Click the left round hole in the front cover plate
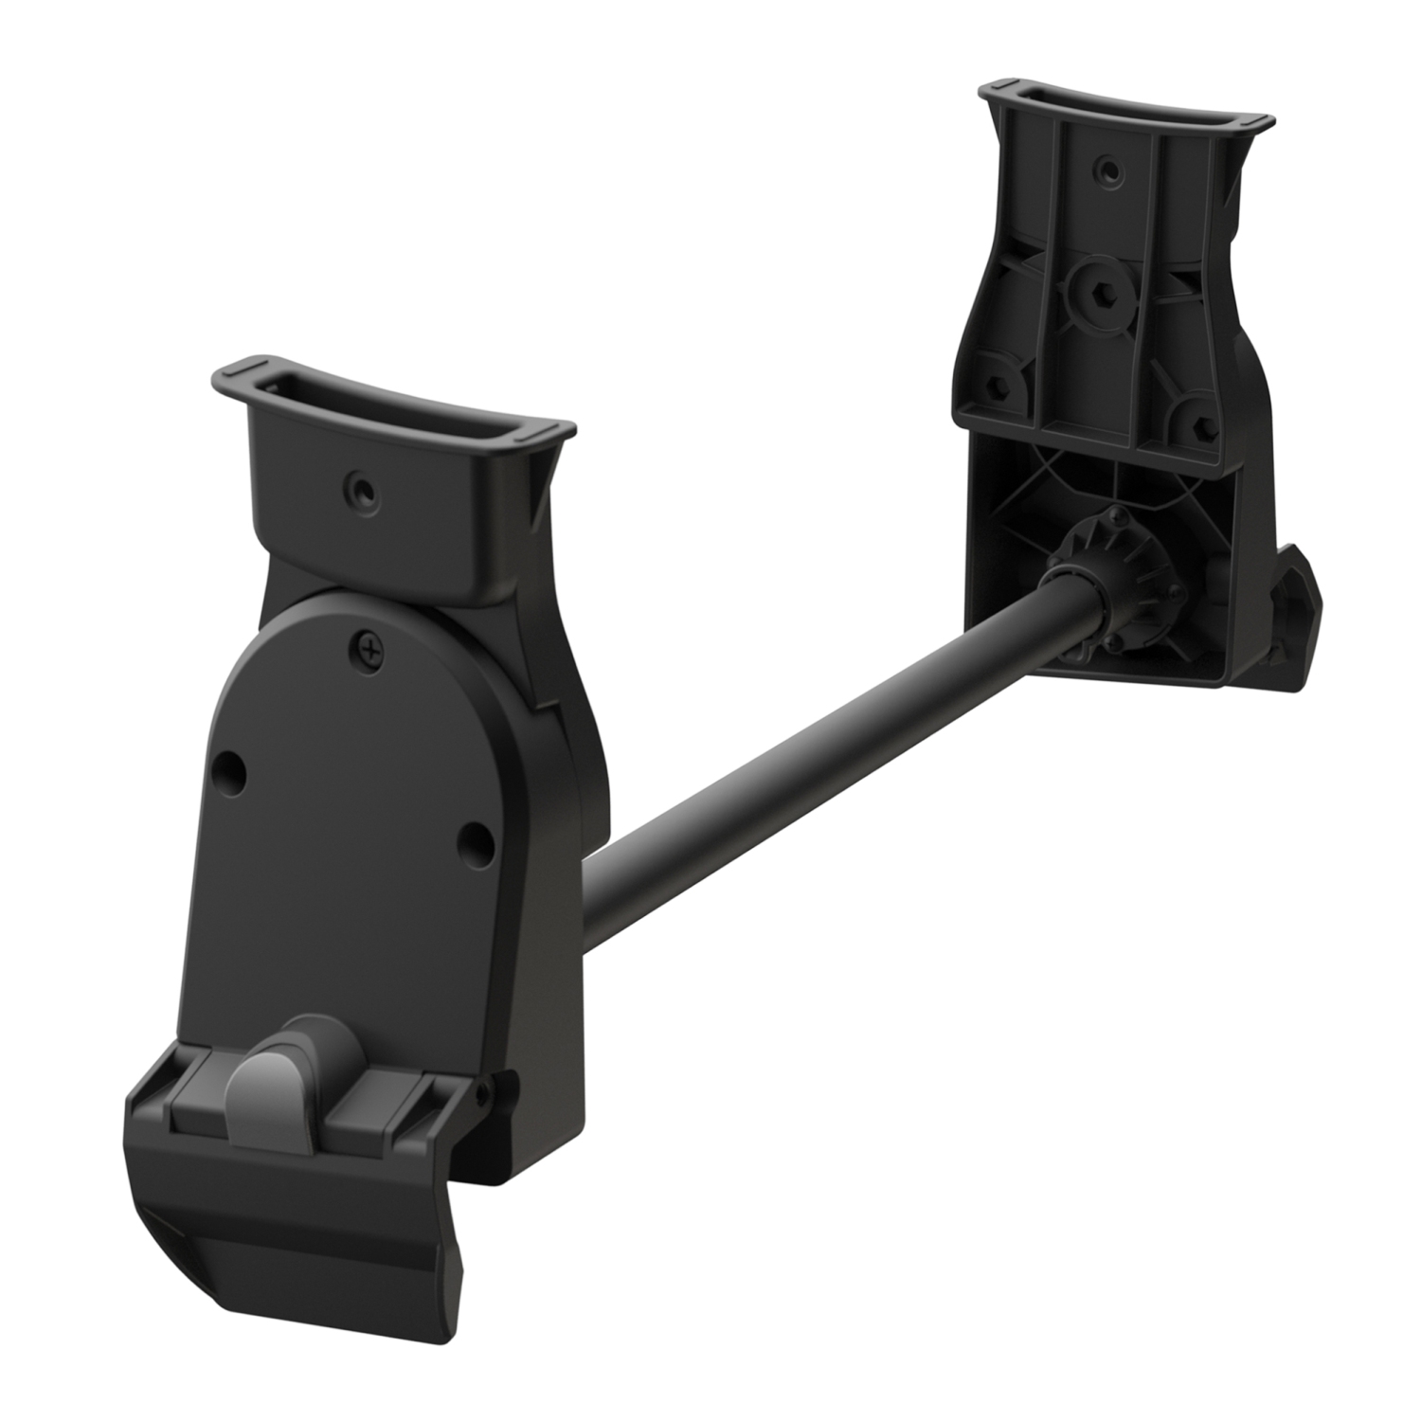(x=228, y=765)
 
